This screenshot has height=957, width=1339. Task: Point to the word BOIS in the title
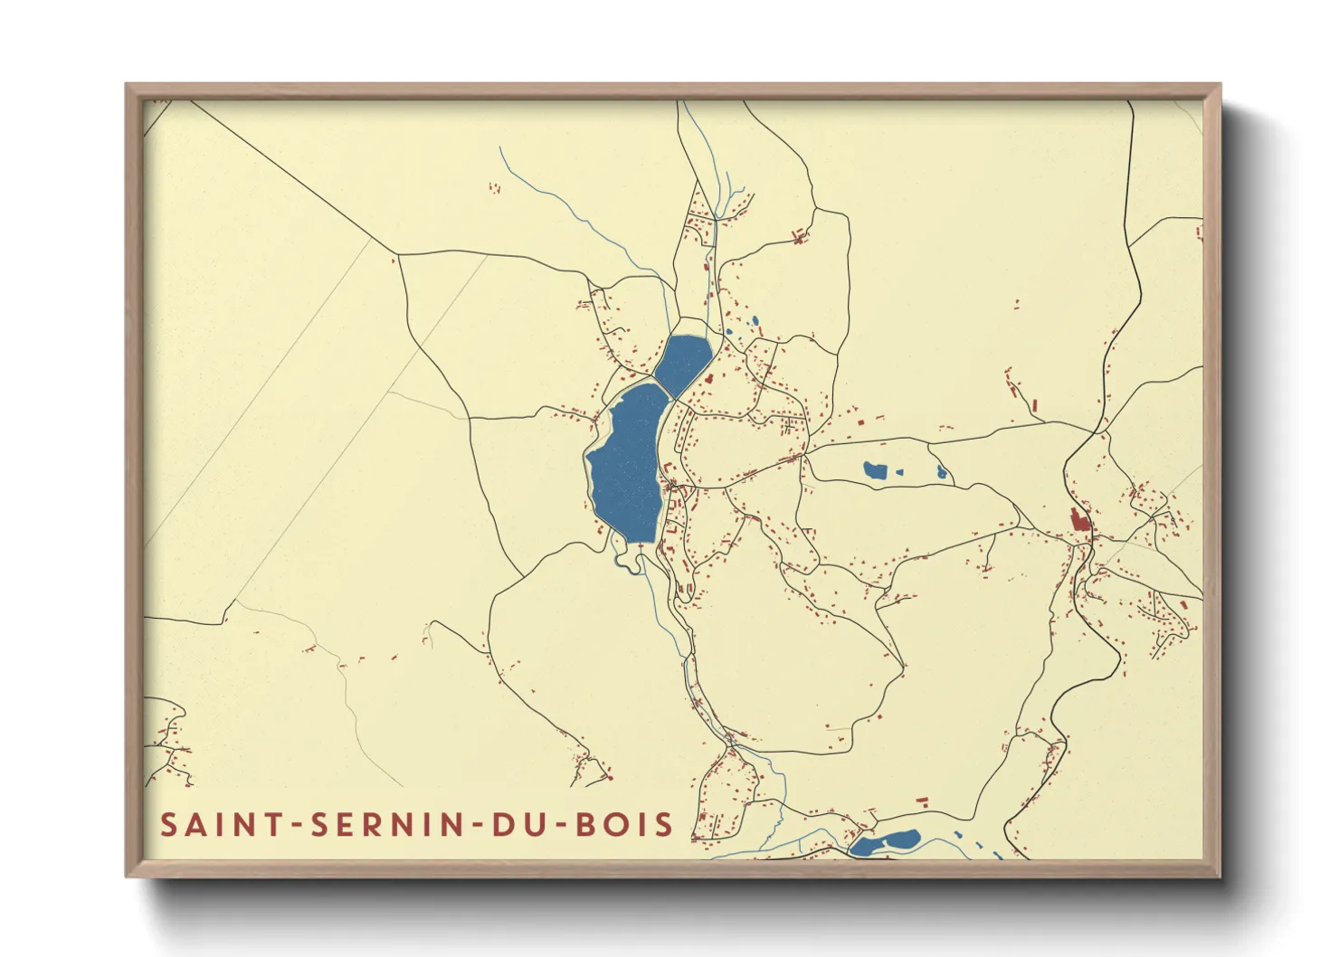point(625,825)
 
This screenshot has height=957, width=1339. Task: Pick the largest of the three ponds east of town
point(874,470)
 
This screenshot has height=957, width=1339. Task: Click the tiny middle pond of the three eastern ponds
point(899,470)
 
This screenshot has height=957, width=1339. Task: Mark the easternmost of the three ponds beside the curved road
point(942,471)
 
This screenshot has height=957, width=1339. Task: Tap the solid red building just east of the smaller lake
point(710,379)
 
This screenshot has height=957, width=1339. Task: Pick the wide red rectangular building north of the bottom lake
point(923,801)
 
